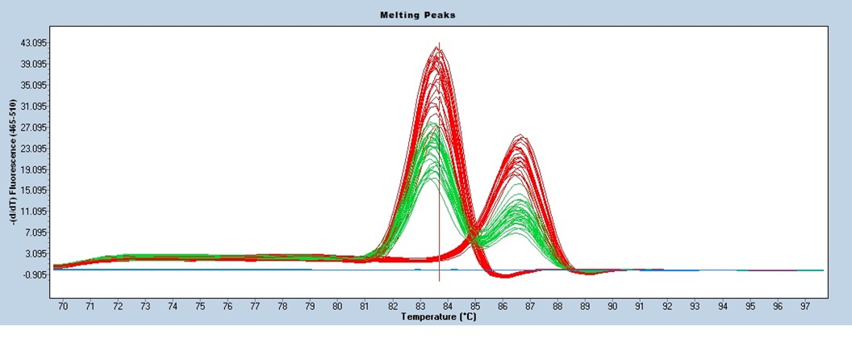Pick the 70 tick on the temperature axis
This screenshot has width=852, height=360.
[x=63, y=307]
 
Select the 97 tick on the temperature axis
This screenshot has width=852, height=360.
[x=804, y=307]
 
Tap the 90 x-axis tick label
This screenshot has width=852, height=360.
[x=612, y=307]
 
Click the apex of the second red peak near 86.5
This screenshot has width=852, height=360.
[x=520, y=135]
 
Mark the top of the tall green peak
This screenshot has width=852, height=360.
[x=432, y=123]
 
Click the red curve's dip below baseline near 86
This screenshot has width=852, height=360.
[x=504, y=277]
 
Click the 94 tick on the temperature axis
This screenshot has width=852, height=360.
[x=722, y=307]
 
